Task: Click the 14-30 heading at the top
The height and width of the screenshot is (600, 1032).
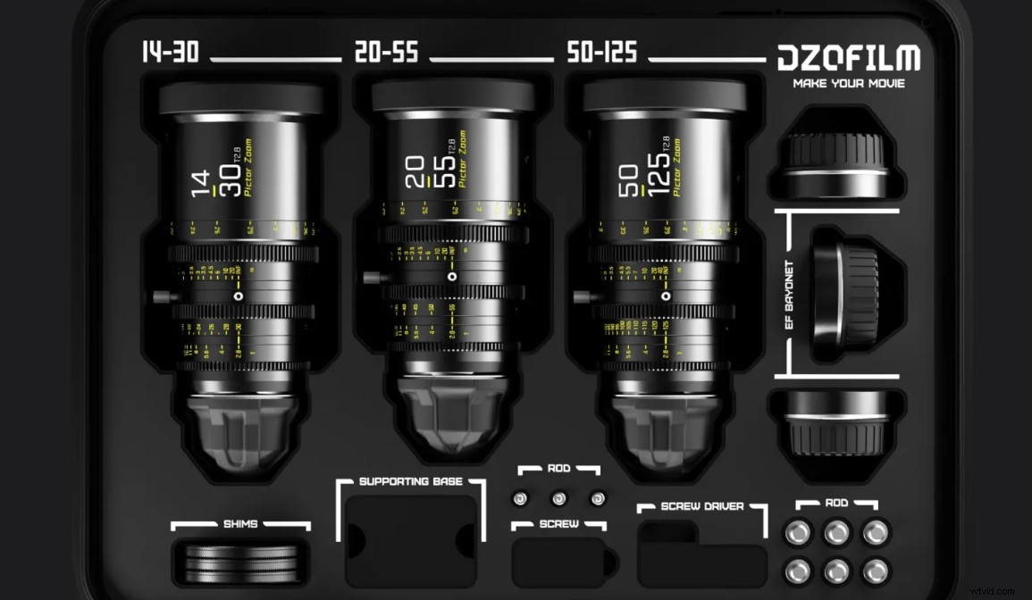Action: pyautogui.click(x=170, y=53)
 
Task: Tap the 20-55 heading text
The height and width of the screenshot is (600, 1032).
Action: pyautogui.click(x=386, y=53)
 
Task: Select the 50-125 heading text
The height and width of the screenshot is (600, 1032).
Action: pyautogui.click(x=601, y=53)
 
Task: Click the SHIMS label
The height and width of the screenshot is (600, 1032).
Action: pyautogui.click(x=240, y=524)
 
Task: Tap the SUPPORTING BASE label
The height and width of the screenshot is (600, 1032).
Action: pyautogui.click(x=411, y=482)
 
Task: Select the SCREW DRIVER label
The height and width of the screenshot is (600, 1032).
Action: pyautogui.click(x=702, y=507)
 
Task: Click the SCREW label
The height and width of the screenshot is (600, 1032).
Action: pyautogui.click(x=558, y=524)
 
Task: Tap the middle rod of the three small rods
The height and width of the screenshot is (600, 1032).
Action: pyautogui.click(x=559, y=498)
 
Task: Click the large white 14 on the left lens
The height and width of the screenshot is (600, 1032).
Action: pyautogui.click(x=203, y=178)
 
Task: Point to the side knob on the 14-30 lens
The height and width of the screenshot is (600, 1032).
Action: pyautogui.click(x=159, y=295)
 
